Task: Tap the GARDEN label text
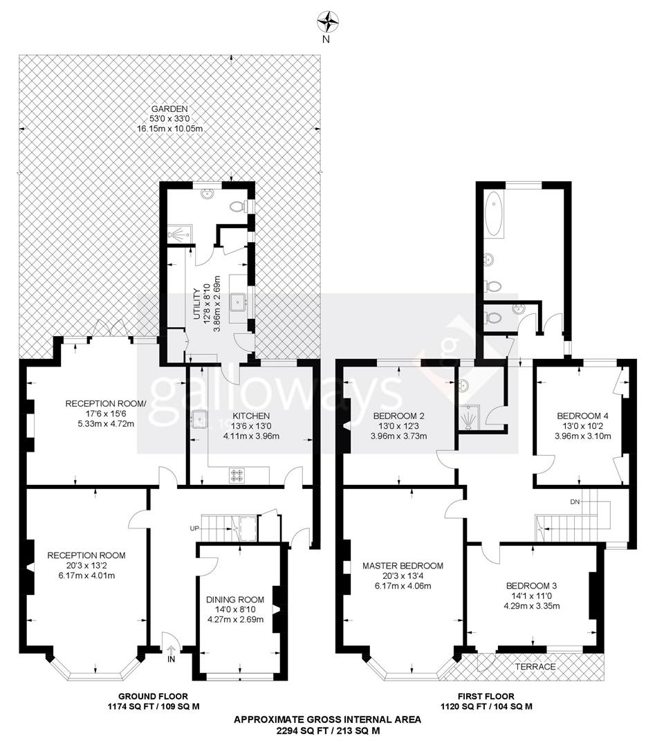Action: (x=169, y=109)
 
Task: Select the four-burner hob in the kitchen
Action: (x=238, y=475)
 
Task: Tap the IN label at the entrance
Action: (x=171, y=659)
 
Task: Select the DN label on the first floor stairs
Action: (x=575, y=500)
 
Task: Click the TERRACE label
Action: (x=536, y=666)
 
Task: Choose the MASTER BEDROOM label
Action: (x=403, y=565)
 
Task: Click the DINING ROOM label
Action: (x=236, y=600)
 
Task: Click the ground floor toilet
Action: (x=237, y=205)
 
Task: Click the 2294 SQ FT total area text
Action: (x=327, y=730)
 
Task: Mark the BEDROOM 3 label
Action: (x=531, y=585)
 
